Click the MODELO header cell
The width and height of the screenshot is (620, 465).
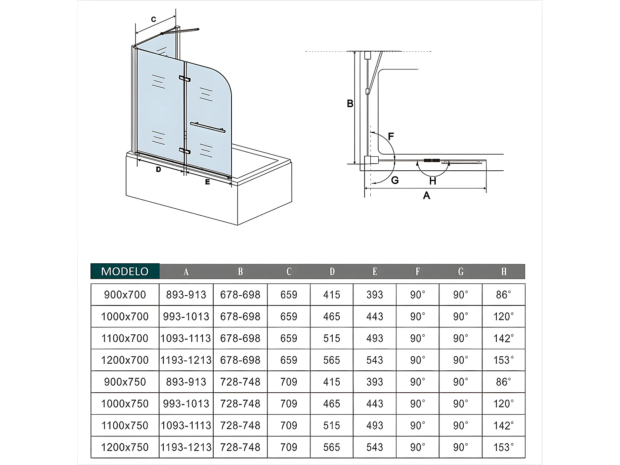point(125,272)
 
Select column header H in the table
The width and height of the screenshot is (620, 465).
point(503,272)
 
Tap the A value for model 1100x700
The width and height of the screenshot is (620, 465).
point(186,338)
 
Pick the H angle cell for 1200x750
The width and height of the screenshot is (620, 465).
point(503,447)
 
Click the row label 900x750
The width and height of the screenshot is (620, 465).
point(125,382)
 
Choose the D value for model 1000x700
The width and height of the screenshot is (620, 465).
point(331,317)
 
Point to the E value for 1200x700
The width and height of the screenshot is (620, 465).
point(374,360)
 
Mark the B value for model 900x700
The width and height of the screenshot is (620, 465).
point(240,295)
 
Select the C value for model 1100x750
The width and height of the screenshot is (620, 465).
point(289,425)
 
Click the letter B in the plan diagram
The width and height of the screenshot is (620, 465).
point(350,104)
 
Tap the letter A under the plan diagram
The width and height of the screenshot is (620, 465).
point(427,196)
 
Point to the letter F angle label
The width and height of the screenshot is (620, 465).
point(391,136)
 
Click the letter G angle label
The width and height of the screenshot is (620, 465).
point(395,180)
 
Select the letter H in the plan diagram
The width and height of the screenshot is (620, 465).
point(432,181)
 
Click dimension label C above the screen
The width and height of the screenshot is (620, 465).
point(153,19)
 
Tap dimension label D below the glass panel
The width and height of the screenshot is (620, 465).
point(158,169)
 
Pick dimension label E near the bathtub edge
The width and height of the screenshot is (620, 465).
point(207,181)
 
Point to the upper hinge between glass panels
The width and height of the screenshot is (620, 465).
point(184,79)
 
